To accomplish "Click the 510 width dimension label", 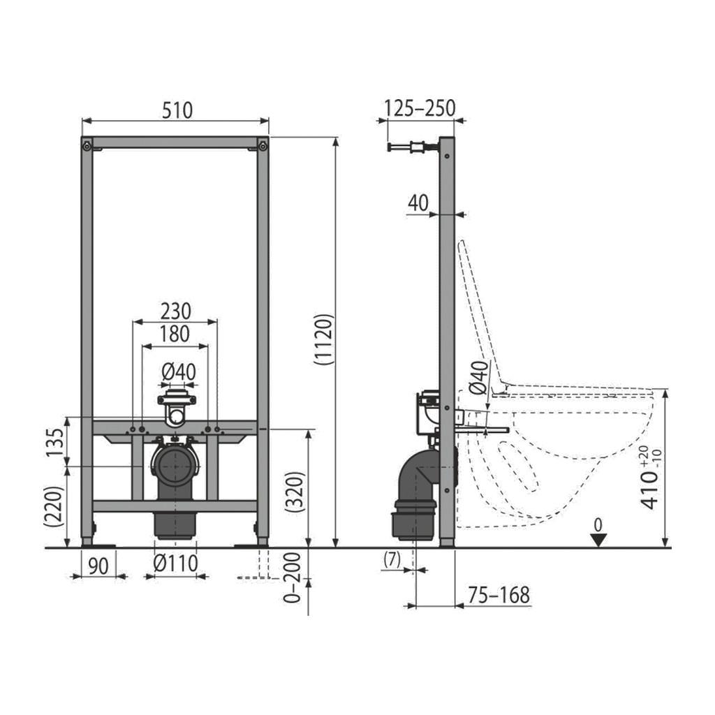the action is click(x=177, y=110).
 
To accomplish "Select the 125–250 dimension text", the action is click(x=420, y=108).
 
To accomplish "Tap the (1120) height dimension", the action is click(x=324, y=339).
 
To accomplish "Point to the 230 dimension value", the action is click(x=175, y=311).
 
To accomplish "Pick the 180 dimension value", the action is click(x=175, y=334).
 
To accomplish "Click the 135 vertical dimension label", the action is click(x=56, y=442).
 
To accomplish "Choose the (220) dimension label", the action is click(x=54, y=507).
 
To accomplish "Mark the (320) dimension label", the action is click(x=295, y=492).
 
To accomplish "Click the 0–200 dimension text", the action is click(x=293, y=577).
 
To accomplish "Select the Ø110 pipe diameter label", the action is click(x=175, y=564).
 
